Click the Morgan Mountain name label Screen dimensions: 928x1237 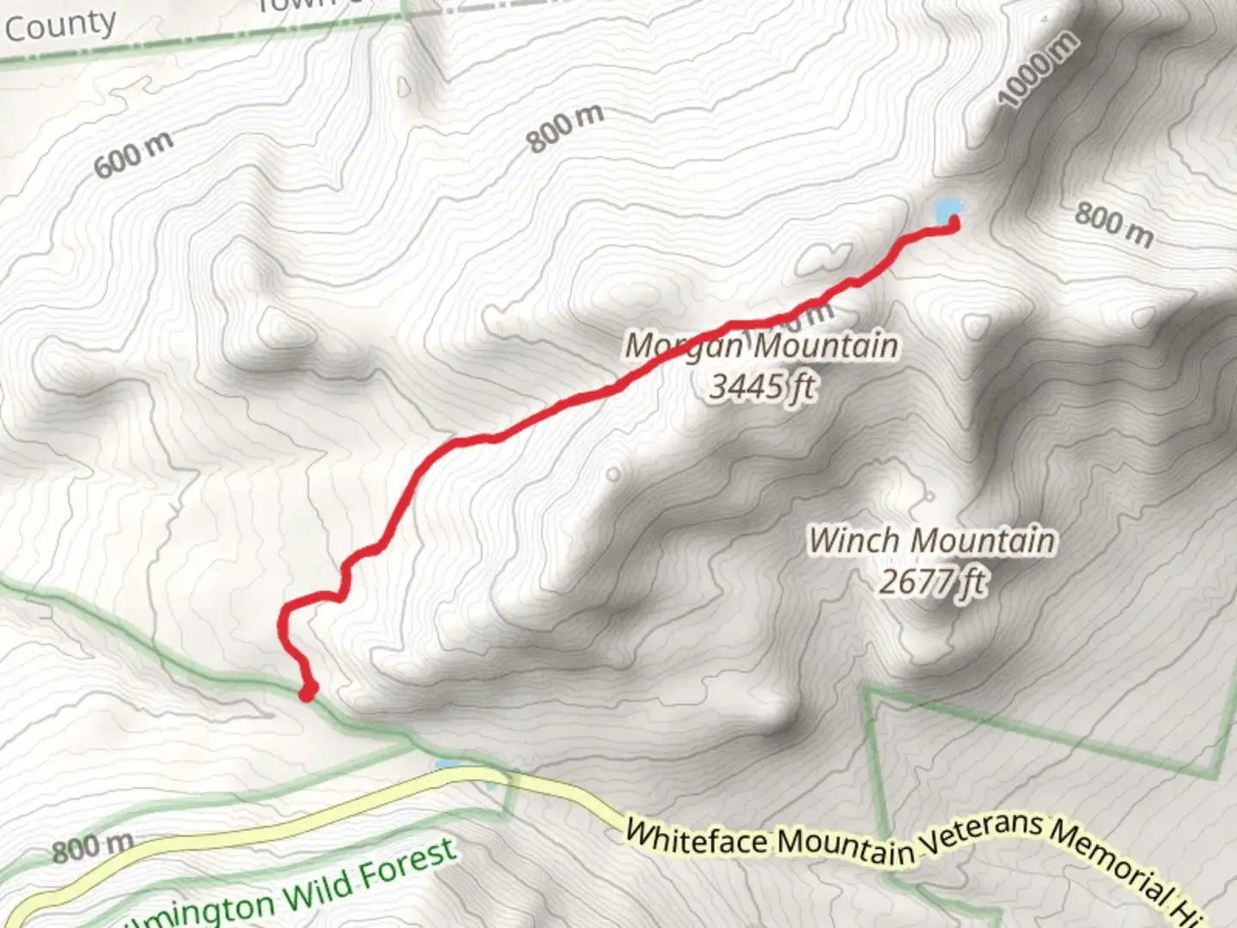tap(761, 345)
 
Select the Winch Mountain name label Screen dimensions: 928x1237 tap(932, 540)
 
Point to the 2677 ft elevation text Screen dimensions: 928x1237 tap(932, 582)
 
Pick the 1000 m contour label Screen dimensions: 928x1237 tap(1038, 69)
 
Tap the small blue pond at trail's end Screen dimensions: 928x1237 tap(947, 209)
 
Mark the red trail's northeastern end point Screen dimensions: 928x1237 tap(954, 224)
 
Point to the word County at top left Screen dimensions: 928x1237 tap(60, 26)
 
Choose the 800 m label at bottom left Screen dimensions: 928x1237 tap(92, 847)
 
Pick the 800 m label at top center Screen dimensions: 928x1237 tap(565, 128)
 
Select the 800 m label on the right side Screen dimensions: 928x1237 tap(1114, 223)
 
